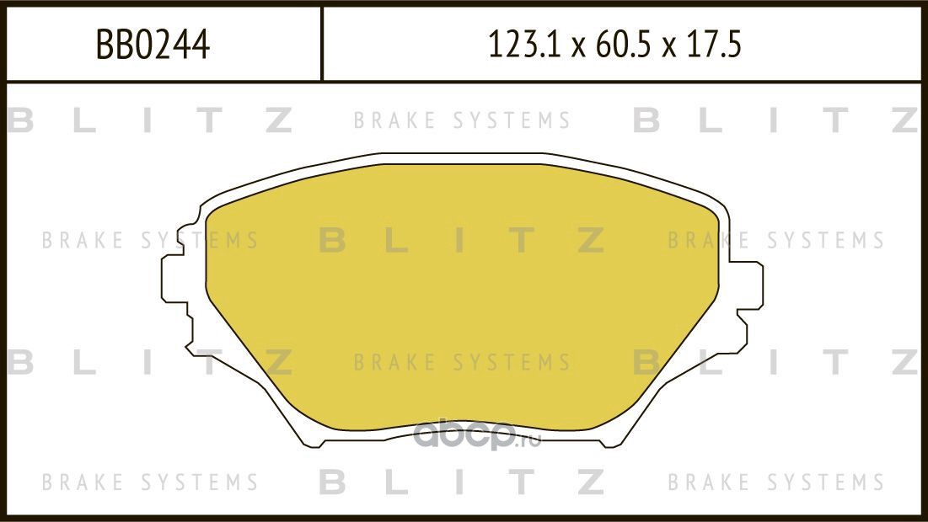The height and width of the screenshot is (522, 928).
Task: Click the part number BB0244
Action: coord(153,45)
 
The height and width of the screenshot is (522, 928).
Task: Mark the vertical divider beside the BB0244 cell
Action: coord(322,45)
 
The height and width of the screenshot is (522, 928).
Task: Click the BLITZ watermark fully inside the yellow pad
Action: coord(462,242)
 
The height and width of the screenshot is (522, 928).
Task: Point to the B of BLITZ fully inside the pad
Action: coord(333,242)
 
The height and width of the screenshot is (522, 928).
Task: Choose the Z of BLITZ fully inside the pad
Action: coord(592,242)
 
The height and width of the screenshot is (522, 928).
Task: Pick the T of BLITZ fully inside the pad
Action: coord(523,242)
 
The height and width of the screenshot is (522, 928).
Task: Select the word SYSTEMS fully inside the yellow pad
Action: coord(512,363)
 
